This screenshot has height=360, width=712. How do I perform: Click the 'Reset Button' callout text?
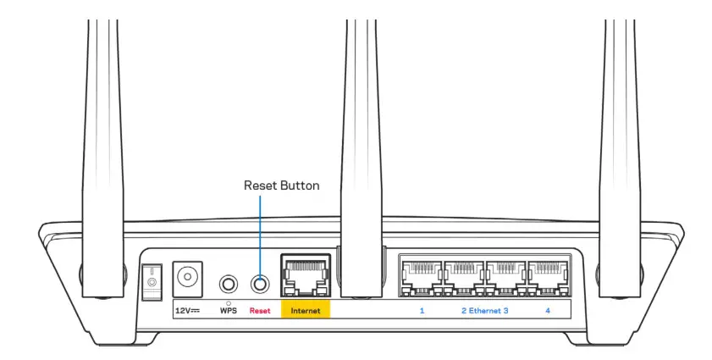281,186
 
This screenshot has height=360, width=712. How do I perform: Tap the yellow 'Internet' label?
306,311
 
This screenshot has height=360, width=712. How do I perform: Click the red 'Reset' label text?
259,311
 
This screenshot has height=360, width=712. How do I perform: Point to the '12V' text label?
186,311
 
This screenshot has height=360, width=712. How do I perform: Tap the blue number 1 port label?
422,311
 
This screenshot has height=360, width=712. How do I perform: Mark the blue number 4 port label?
548,311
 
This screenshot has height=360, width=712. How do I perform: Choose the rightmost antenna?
619,127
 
